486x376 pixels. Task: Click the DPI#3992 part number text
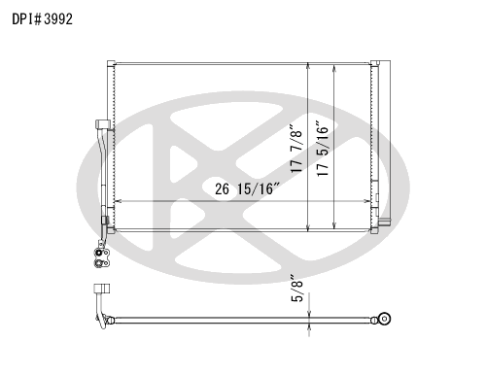tap(42, 19)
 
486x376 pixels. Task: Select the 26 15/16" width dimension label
tap(247, 188)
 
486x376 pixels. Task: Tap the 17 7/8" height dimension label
tap(296, 148)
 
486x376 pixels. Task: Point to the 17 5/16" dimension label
tap(323, 149)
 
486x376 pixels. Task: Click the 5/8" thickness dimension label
tap(296, 289)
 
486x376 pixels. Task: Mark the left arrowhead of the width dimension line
tap(118, 201)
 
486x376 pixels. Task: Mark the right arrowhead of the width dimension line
tap(367, 201)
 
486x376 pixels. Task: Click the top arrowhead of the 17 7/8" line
tap(308, 66)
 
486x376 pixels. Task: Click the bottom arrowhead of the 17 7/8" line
tap(308, 228)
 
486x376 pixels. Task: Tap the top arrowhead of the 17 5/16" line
tap(334, 68)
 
